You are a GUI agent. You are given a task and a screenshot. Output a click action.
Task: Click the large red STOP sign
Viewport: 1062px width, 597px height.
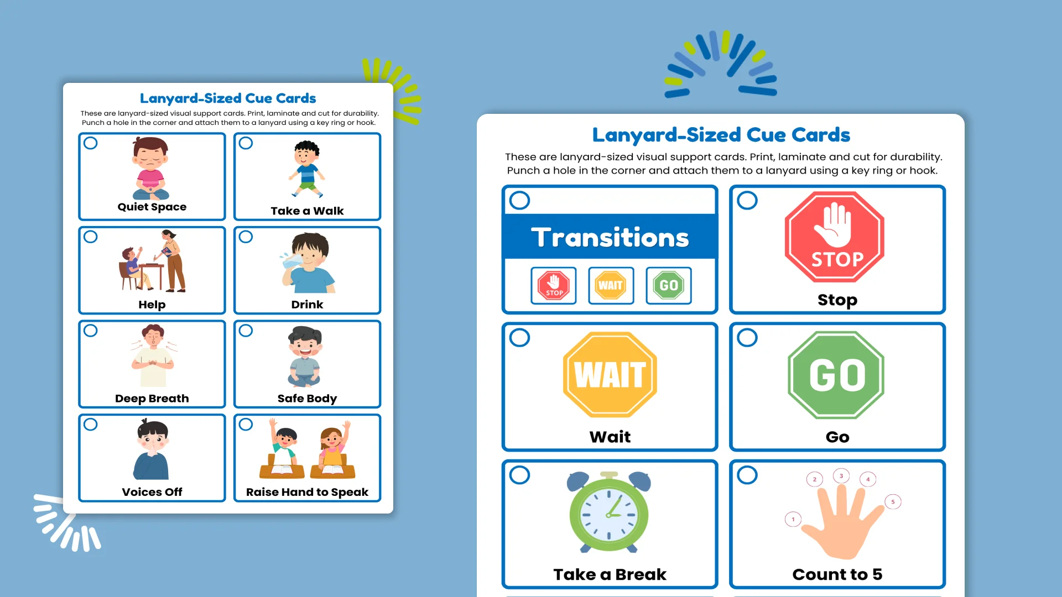835,237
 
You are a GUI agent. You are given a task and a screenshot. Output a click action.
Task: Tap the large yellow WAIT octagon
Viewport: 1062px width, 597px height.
610,374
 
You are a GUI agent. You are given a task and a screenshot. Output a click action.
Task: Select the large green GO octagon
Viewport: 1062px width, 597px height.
836,375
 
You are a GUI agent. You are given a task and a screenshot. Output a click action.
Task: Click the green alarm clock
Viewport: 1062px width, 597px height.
609,512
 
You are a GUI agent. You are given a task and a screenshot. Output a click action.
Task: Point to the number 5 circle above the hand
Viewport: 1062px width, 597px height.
893,502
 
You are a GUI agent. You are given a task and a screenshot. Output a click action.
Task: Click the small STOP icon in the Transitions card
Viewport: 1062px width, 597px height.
554,285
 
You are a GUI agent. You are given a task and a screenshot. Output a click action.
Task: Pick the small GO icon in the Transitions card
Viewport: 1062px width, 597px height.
669,285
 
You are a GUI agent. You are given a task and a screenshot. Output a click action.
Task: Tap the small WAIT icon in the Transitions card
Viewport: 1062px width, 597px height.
611,285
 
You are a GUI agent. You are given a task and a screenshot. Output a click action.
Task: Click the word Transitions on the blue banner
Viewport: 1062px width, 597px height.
610,237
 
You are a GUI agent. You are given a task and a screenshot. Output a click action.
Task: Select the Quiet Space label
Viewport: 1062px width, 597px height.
152,207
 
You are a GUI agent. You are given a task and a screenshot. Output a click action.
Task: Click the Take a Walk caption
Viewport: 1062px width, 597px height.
307,211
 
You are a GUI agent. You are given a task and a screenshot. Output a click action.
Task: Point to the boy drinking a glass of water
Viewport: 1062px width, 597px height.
308,263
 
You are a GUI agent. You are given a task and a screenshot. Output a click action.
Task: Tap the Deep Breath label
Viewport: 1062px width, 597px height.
152,399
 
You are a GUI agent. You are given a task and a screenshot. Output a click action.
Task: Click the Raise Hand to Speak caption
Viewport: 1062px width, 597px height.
307,492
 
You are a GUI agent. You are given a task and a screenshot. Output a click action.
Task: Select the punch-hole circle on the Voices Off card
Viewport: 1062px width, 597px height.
91,425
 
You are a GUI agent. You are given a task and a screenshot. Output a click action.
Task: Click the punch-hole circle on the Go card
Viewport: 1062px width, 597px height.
747,338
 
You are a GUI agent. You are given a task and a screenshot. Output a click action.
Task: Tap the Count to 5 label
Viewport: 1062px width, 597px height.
837,574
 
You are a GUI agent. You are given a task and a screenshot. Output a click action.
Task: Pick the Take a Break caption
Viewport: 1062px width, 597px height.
610,574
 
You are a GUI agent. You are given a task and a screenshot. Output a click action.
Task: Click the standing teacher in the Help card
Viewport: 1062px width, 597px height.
172,261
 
